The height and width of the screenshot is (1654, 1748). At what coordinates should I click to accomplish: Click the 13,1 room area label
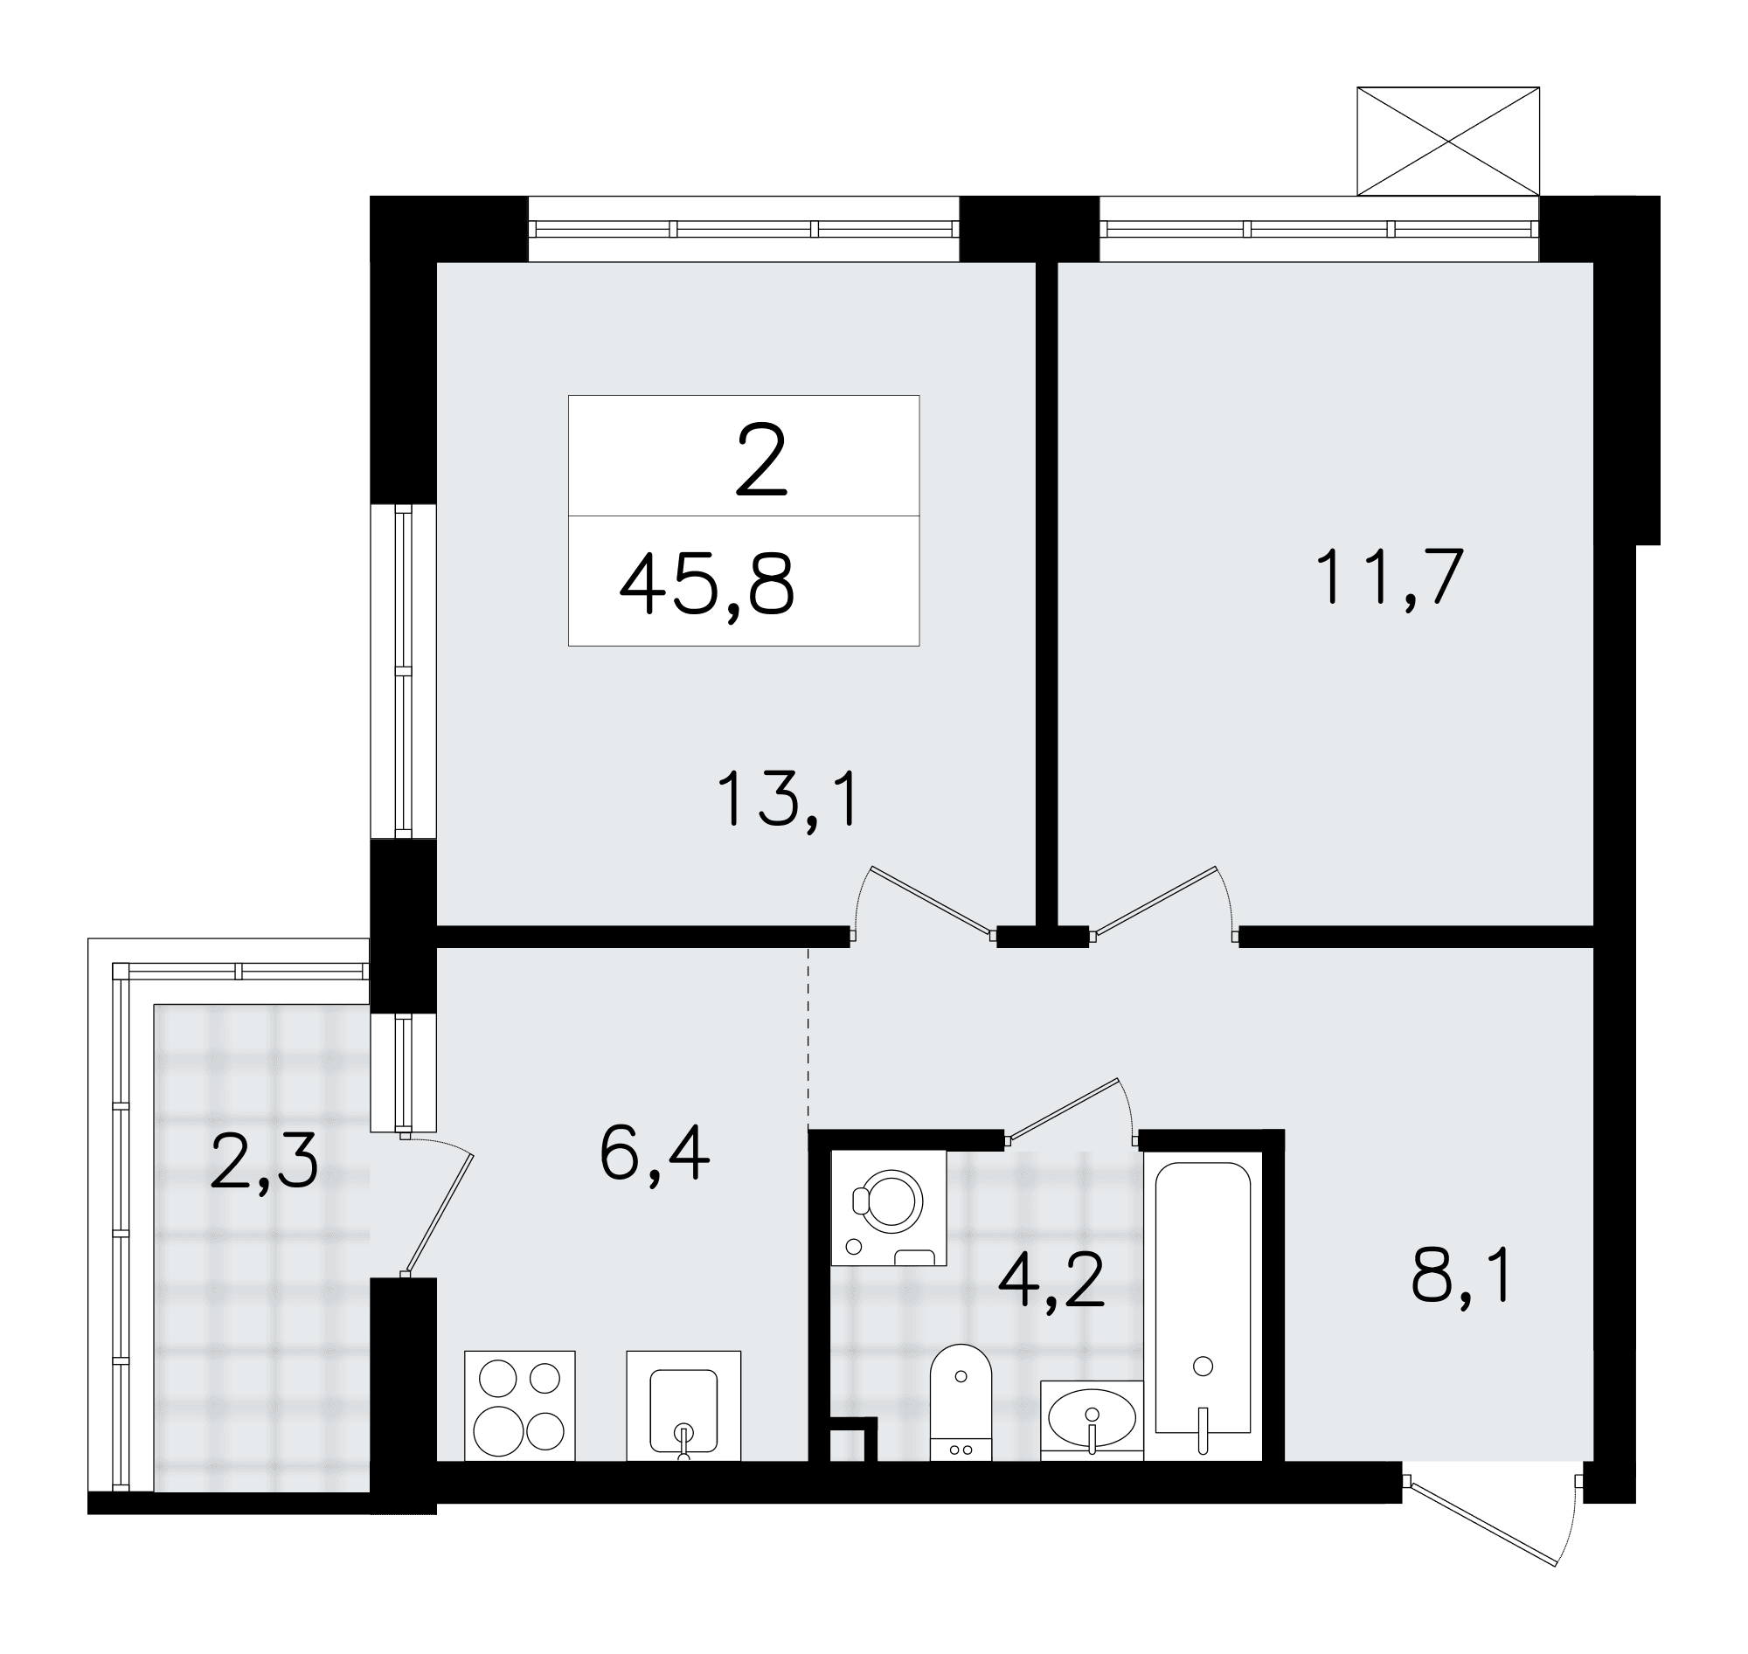pyautogui.click(x=787, y=798)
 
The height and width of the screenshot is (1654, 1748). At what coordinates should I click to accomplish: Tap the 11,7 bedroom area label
pyautogui.click(x=1389, y=577)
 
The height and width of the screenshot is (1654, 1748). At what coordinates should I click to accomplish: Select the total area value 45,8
pyautogui.click(x=707, y=585)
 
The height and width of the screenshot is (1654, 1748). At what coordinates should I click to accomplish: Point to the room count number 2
pyautogui.click(x=760, y=460)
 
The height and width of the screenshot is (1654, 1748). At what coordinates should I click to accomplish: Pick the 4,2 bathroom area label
pyautogui.click(x=1051, y=1279)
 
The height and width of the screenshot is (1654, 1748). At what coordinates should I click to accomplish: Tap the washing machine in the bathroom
pyautogui.click(x=889, y=1207)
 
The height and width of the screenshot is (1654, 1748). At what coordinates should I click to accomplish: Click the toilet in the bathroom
pyautogui.click(x=961, y=1401)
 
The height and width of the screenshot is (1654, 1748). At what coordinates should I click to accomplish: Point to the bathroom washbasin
pyautogui.click(x=1092, y=1420)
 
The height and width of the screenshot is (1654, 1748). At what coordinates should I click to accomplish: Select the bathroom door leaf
pyautogui.click(x=1064, y=1111)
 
